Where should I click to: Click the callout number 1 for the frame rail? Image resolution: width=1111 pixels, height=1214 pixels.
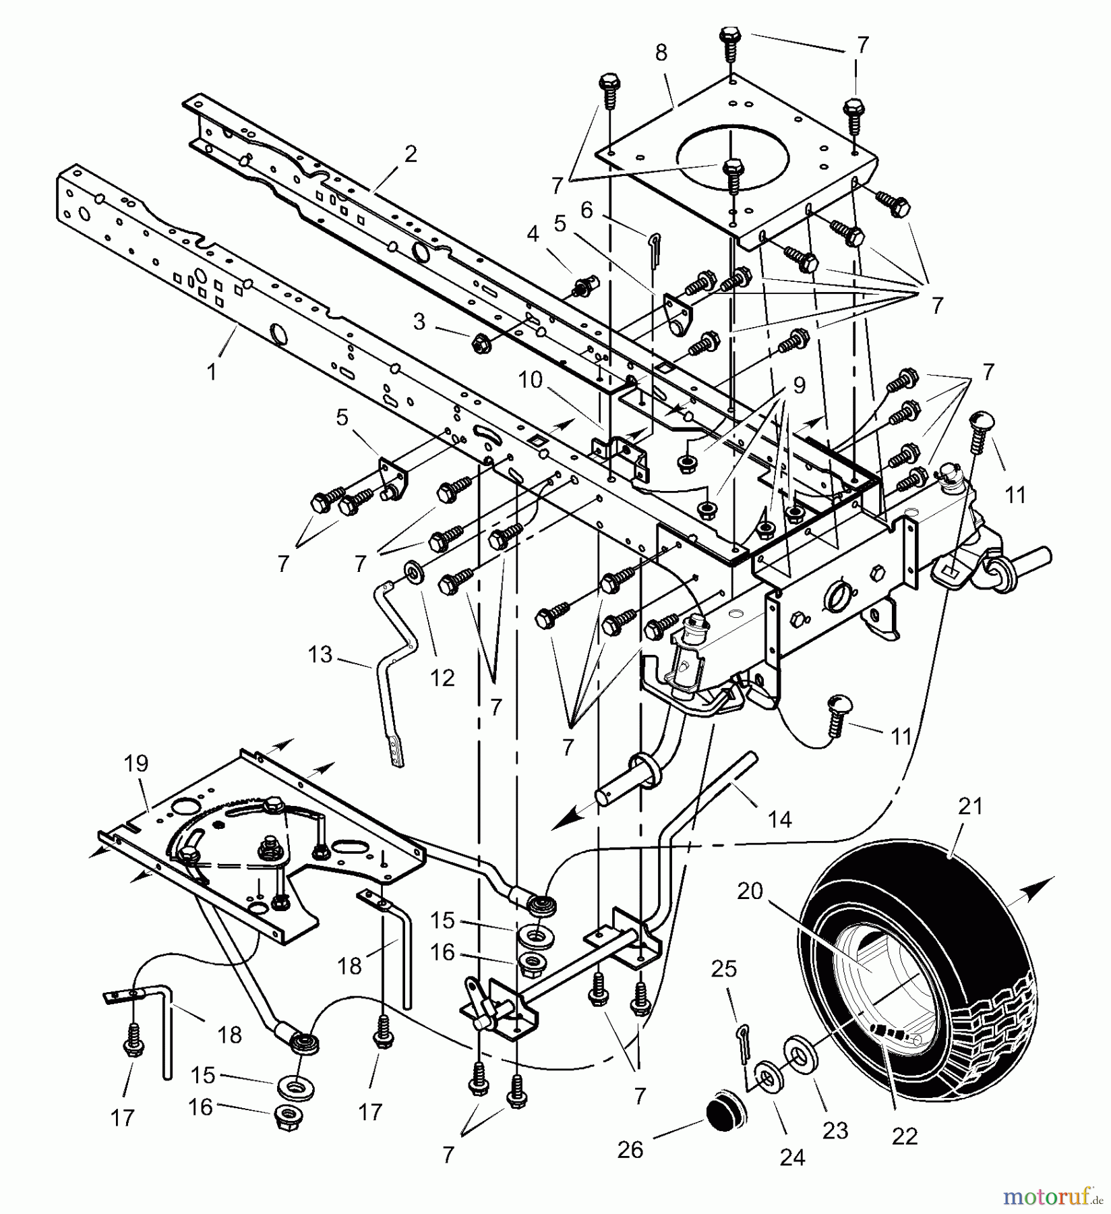[212, 372]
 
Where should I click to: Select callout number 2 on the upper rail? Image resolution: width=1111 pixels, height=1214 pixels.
[411, 154]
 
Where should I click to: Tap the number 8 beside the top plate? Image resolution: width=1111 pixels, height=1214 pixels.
[661, 53]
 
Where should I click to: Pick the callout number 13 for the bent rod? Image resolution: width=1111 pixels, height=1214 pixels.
[320, 654]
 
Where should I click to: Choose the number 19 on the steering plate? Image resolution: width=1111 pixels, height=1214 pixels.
[136, 763]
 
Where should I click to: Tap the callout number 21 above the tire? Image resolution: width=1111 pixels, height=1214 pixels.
[971, 806]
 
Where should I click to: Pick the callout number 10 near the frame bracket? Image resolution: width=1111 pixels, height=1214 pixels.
[531, 380]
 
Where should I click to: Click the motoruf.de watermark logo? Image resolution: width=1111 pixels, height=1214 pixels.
[1056, 1196]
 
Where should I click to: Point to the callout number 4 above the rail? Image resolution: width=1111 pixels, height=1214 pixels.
[533, 235]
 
